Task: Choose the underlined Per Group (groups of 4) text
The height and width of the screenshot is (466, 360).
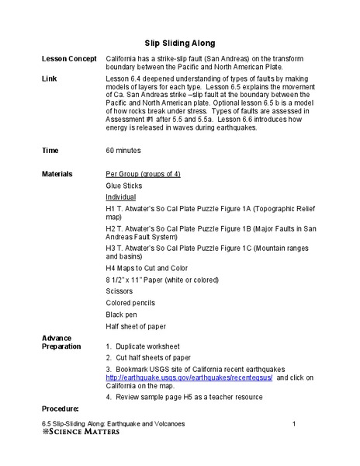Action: (143, 175)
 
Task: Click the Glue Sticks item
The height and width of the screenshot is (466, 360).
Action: (124, 186)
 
